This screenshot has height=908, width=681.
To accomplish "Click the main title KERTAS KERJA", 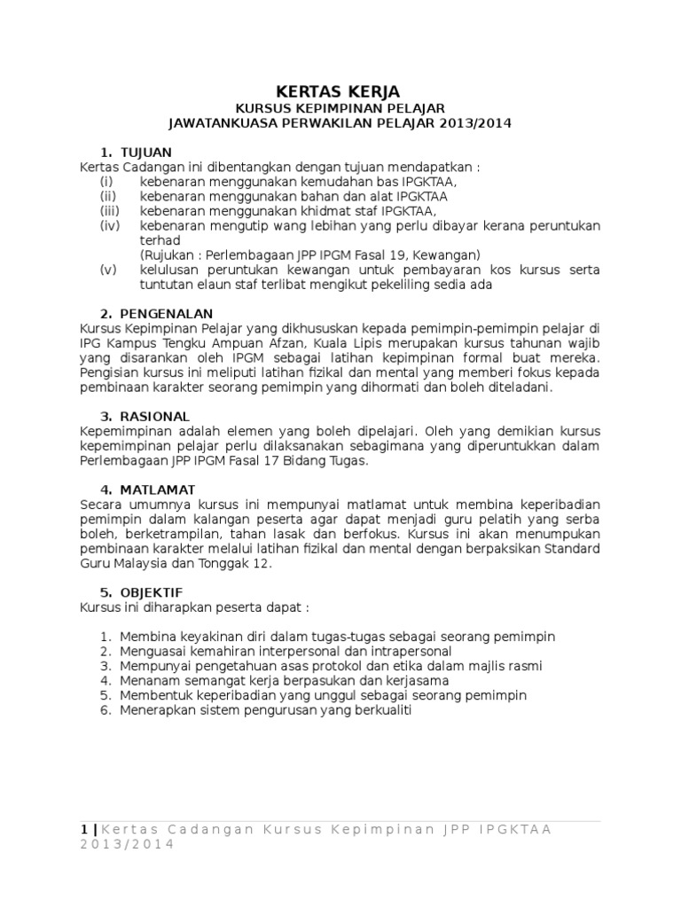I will click(340, 91).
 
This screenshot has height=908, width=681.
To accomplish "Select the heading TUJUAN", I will click(147, 152).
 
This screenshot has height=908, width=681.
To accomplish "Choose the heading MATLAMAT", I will click(162, 489).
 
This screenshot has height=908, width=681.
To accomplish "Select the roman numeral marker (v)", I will click(108, 270).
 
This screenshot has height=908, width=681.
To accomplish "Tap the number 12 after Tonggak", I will click(268, 563).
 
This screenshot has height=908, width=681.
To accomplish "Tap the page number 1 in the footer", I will click(83, 829).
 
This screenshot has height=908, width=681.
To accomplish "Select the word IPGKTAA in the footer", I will click(514, 829).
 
